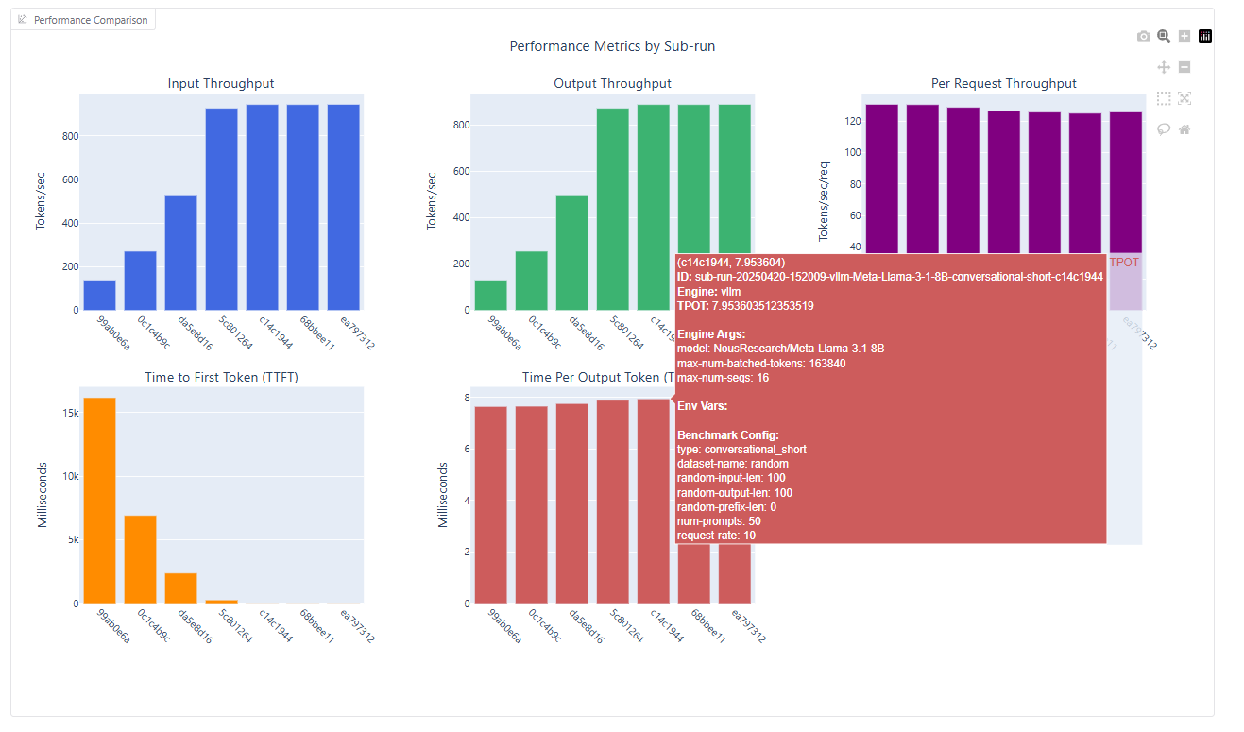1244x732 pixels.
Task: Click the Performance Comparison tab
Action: pos(83,20)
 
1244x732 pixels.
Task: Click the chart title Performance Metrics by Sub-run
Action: pos(619,46)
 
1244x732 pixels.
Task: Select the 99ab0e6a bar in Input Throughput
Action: pos(99,295)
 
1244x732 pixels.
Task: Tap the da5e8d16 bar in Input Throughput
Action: pos(180,252)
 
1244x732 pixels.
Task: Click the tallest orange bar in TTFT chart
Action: pos(99,500)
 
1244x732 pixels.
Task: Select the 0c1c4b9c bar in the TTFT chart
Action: pos(140,558)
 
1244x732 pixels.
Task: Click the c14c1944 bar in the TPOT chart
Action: pos(653,501)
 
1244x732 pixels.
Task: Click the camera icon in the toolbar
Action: pos(1144,36)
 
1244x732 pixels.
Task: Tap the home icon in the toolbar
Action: pos(1184,129)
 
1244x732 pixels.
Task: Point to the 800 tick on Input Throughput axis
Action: pos(70,136)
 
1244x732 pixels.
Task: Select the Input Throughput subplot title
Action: pos(221,83)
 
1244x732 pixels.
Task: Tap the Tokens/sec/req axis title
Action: pos(823,201)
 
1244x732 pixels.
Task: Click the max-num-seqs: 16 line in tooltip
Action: pos(724,378)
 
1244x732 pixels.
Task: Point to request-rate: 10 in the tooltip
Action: pos(716,536)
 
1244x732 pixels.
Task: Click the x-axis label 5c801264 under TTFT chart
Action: pos(234,626)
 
